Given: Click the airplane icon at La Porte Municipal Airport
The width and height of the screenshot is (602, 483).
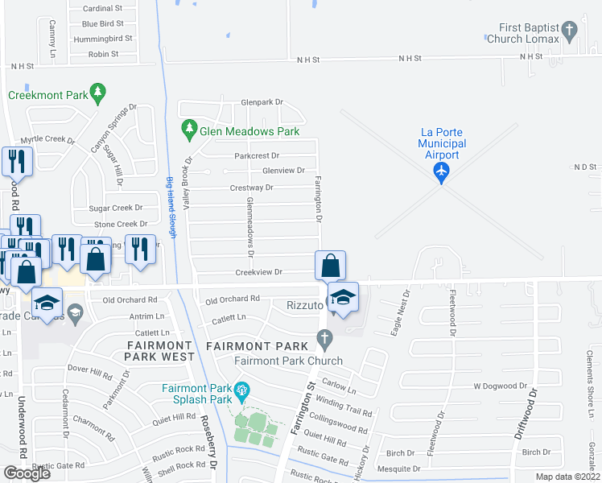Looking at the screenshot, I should pyautogui.click(x=440, y=171).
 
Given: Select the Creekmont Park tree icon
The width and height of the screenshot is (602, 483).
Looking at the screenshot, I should pyautogui.click(x=98, y=94).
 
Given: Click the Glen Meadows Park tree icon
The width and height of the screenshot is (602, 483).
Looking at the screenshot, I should pyautogui.click(x=190, y=129).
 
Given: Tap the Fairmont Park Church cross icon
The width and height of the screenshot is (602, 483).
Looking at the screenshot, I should pyautogui.click(x=324, y=341).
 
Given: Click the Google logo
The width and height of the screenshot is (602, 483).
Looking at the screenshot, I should pyautogui.click(x=27, y=473).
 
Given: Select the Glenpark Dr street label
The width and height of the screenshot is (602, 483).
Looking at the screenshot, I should pyautogui.click(x=262, y=102).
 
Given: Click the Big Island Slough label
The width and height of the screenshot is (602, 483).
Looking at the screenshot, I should pyautogui.click(x=171, y=205).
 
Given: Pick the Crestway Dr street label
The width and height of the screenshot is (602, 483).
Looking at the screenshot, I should pyautogui.click(x=253, y=188).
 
